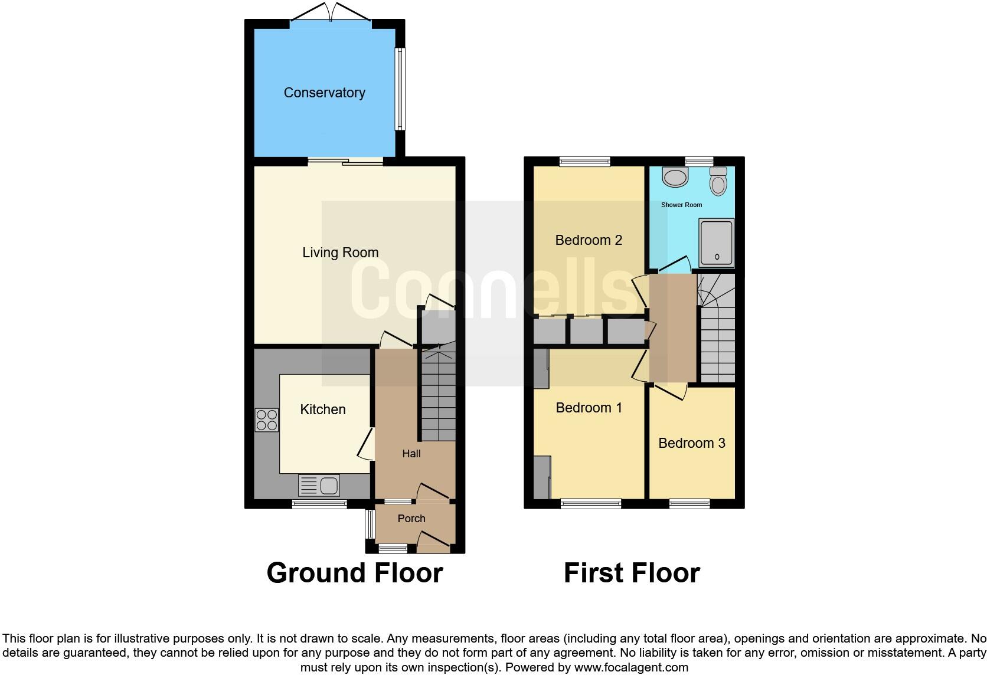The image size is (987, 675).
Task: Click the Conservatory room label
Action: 324,93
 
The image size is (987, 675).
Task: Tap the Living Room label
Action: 340,253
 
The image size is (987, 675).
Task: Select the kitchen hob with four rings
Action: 267,420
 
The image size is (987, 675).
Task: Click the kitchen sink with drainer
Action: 319,486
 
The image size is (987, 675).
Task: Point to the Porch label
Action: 411,519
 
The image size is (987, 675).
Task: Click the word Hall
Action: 411,453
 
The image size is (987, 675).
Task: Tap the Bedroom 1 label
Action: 589,408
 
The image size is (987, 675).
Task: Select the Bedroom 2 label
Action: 589,240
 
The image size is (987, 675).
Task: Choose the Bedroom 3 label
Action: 691,443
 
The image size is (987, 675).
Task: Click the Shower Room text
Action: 681,205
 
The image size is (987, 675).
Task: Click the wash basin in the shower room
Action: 675,176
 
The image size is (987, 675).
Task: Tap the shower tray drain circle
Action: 717,257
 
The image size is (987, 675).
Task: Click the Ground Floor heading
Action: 354,573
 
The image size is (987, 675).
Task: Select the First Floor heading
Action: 632,573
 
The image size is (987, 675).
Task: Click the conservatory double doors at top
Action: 331,13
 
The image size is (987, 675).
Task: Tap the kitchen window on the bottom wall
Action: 319,504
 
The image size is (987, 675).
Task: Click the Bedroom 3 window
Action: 689,504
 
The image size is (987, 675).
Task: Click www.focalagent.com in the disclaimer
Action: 631,667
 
